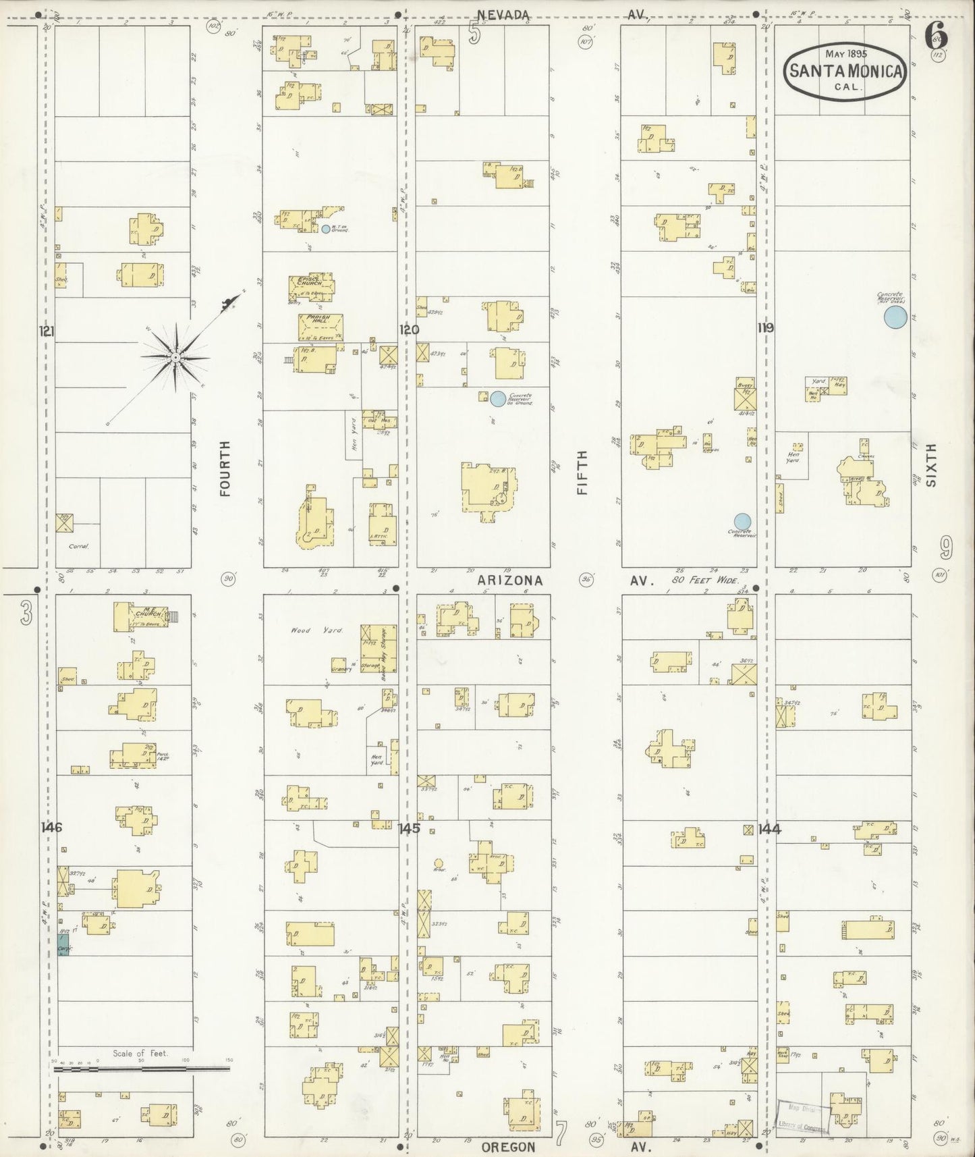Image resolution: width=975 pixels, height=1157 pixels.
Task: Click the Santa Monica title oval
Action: [x=845, y=70]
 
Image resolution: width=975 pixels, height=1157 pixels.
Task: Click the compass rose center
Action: [x=175, y=356]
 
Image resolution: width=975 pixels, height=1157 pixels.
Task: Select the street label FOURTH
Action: [x=225, y=468]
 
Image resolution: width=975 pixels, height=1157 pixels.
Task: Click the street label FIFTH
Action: [x=582, y=473]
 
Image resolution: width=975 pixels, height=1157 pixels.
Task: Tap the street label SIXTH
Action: [x=932, y=465]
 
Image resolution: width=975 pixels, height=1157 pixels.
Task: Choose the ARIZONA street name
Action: [x=509, y=581]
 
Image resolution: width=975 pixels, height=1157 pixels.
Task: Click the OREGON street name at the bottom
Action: [x=509, y=1147]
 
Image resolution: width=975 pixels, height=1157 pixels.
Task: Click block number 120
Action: [x=409, y=330]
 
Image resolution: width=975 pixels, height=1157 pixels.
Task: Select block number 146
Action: [x=51, y=828]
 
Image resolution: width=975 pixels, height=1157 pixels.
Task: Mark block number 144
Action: [x=769, y=829]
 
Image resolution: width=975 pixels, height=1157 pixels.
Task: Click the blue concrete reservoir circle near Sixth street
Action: [x=895, y=317]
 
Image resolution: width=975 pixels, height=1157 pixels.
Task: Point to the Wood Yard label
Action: [x=309, y=630]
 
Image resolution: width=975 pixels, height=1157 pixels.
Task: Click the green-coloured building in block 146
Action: [x=63, y=943]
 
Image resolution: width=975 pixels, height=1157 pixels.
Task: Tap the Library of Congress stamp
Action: [x=807, y=1114]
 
